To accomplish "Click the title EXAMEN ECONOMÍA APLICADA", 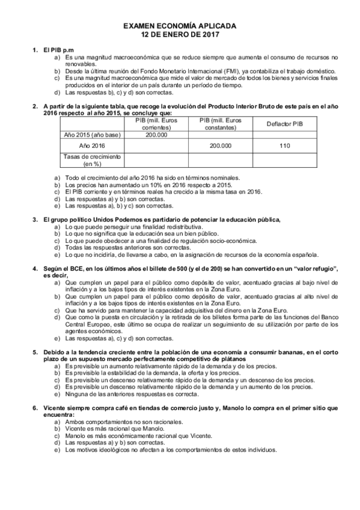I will pos(180,27).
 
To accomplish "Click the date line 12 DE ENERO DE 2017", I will pos(180,35).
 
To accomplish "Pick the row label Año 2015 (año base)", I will pos(92,135).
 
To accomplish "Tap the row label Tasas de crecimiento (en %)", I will pos(92,160).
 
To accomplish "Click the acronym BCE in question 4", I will pos(71,268).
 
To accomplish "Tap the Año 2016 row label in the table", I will pos(92,146).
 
